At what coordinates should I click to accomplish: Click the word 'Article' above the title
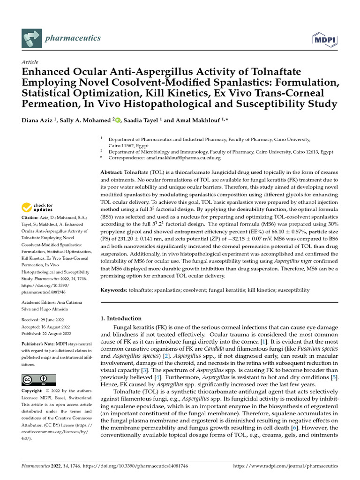coord(30,62)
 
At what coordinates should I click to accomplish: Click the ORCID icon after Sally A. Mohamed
coord(118,120)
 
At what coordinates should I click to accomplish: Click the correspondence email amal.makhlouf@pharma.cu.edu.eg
coord(183,158)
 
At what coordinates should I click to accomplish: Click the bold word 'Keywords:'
coord(114,290)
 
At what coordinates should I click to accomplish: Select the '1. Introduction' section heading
coord(121,318)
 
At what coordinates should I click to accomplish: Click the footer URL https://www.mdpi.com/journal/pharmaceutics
coord(285,466)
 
